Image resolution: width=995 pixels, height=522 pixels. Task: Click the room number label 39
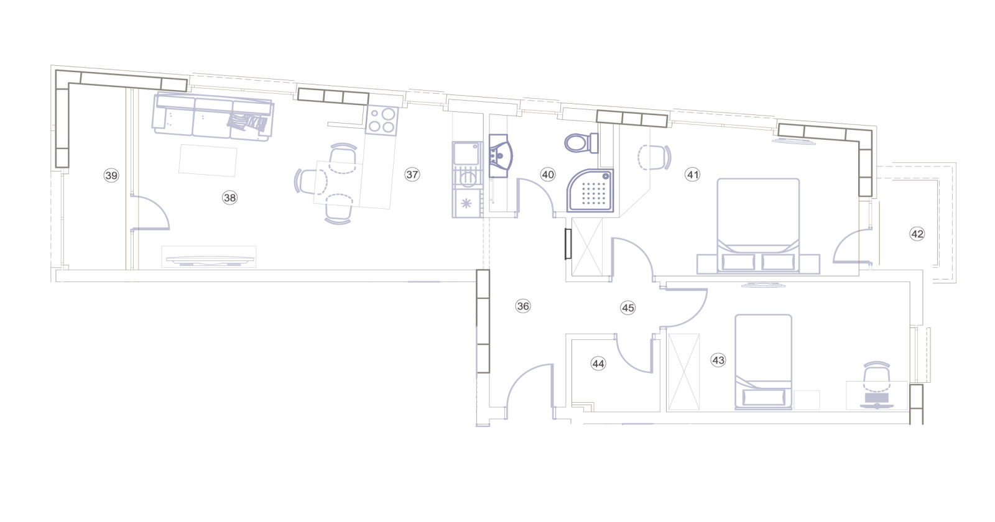[x=111, y=175]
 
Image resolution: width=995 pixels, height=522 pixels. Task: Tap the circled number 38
[x=229, y=198]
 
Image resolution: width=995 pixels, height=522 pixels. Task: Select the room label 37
[x=412, y=175]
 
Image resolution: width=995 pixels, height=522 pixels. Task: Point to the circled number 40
[x=548, y=175]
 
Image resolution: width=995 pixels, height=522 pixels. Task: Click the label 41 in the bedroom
[x=693, y=175]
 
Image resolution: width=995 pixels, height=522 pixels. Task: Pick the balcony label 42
[x=917, y=234]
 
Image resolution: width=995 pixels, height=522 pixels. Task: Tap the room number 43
[x=718, y=360]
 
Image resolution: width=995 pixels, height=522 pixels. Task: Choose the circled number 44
[x=598, y=364]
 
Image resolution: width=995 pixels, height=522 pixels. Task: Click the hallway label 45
[x=627, y=308]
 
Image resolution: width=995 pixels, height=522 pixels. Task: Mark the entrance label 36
[x=523, y=306]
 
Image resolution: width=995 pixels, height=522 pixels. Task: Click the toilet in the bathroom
[x=582, y=143]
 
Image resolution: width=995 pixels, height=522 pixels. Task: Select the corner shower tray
[x=590, y=190]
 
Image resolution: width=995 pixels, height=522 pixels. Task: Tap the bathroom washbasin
[x=500, y=156]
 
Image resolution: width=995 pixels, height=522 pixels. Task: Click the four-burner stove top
[x=382, y=121]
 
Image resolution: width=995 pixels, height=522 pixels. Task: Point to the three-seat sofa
[x=213, y=117]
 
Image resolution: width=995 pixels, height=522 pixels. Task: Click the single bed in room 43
[x=763, y=361]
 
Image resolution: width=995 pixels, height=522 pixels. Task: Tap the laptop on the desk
[x=877, y=400]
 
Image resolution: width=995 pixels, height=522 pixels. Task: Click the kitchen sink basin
[x=466, y=153]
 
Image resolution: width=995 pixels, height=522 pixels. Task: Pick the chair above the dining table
[x=343, y=156]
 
